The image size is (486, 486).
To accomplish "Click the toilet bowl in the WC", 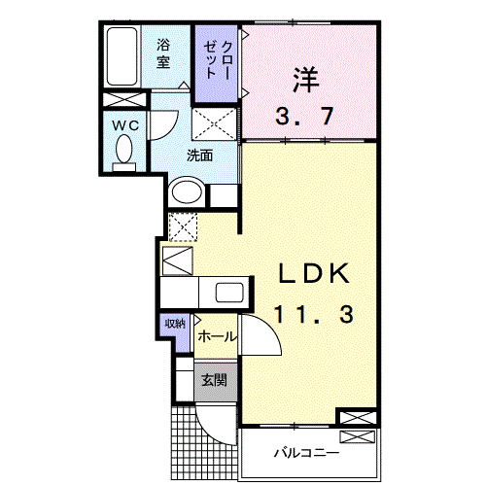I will click(x=124, y=151).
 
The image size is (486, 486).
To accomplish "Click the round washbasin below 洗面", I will click(x=186, y=191).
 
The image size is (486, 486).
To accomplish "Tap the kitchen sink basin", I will click(x=230, y=293).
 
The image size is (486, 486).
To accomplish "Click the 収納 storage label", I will click(x=174, y=325).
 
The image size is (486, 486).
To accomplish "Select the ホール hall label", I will click(x=216, y=336).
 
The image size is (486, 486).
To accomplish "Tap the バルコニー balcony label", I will click(x=304, y=453).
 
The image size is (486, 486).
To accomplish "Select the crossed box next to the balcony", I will click(x=356, y=418).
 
